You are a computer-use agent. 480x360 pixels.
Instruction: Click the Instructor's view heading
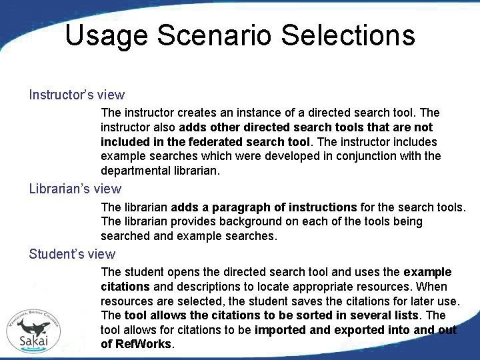(77, 95)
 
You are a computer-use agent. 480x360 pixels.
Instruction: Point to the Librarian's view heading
(75, 189)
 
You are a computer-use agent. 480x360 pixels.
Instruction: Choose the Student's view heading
(72, 254)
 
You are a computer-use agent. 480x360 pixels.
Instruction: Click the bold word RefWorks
(143, 344)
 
